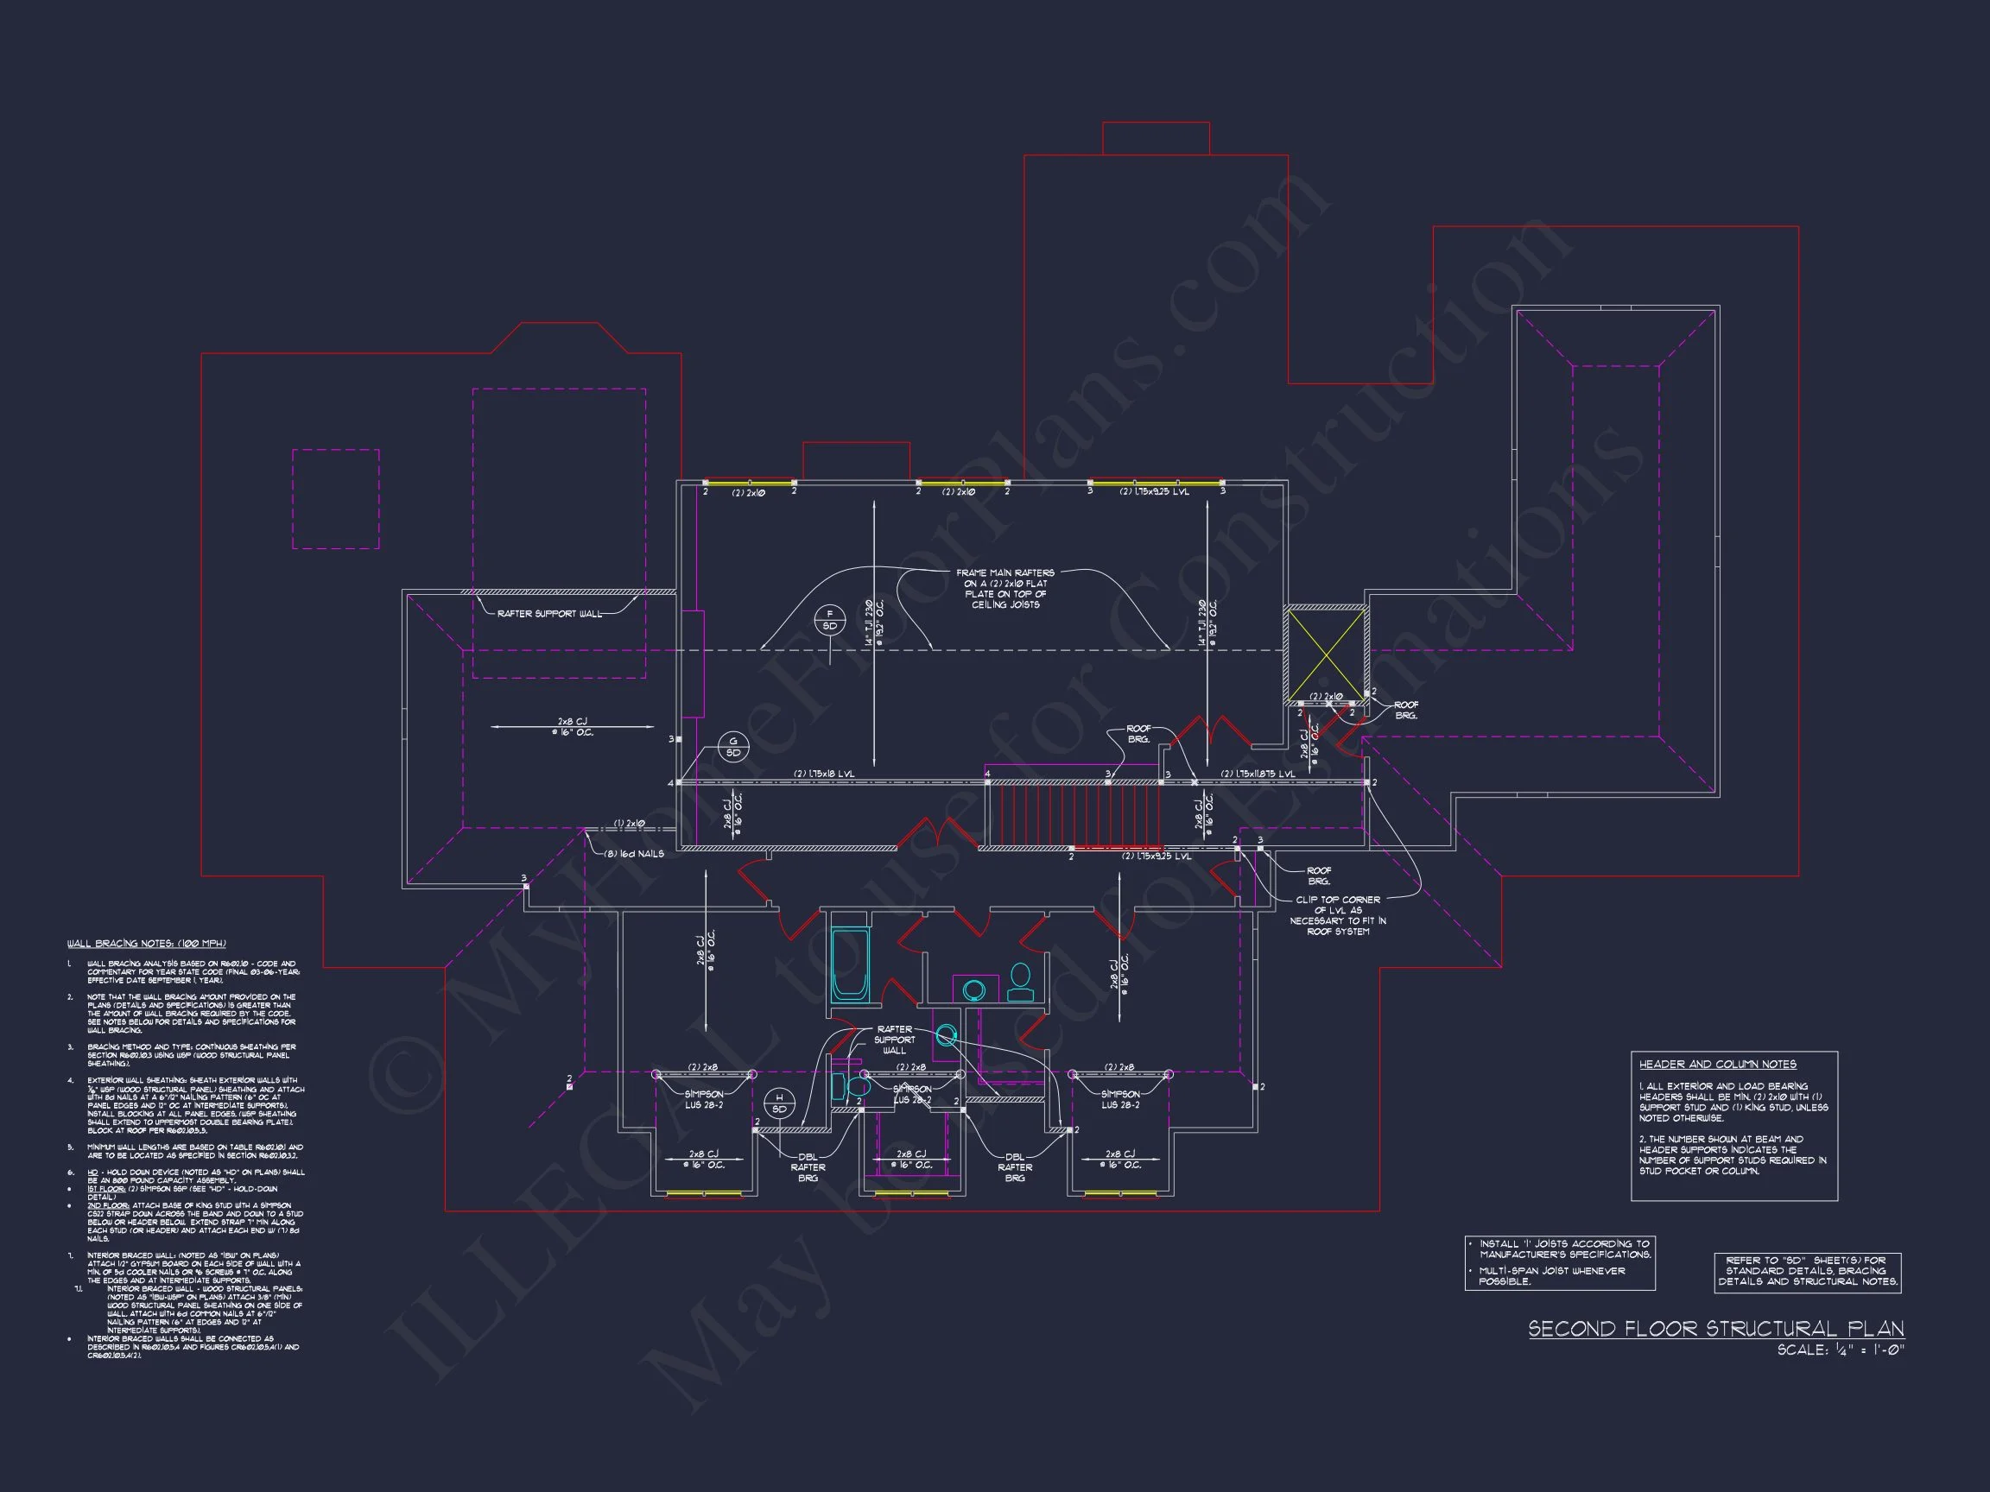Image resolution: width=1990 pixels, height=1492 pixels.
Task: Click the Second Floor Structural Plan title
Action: point(1715,1329)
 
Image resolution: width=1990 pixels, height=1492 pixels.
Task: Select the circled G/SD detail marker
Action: point(732,747)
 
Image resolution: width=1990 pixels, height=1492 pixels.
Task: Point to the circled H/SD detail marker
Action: point(779,1103)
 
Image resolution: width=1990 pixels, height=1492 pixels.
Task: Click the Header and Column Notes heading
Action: point(1717,1064)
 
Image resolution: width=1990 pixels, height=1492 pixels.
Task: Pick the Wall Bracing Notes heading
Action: point(146,944)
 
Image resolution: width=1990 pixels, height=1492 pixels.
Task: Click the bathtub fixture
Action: point(849,965)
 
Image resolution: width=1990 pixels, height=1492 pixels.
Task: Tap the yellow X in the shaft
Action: point(1325,654)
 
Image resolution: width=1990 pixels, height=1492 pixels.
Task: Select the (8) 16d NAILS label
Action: point(634,852)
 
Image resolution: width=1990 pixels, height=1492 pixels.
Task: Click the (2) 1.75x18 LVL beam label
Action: point(823,774)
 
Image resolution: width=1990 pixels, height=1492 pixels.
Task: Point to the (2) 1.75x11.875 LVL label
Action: point(1258,774)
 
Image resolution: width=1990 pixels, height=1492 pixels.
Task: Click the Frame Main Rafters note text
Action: point(1005,588)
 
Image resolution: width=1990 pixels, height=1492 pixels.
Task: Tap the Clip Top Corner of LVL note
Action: point(1338,914)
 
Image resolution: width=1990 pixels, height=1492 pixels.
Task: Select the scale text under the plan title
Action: point(1841,1350)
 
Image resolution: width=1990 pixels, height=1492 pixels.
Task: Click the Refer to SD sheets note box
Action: point(1808,1272)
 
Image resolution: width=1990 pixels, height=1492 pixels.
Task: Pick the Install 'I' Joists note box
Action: point(1560,1262)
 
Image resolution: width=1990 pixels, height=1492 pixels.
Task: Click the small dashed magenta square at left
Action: point(336,498)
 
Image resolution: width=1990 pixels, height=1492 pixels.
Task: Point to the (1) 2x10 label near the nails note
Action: point(630,823)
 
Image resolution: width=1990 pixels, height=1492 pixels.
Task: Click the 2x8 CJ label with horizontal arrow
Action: point(572,727)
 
